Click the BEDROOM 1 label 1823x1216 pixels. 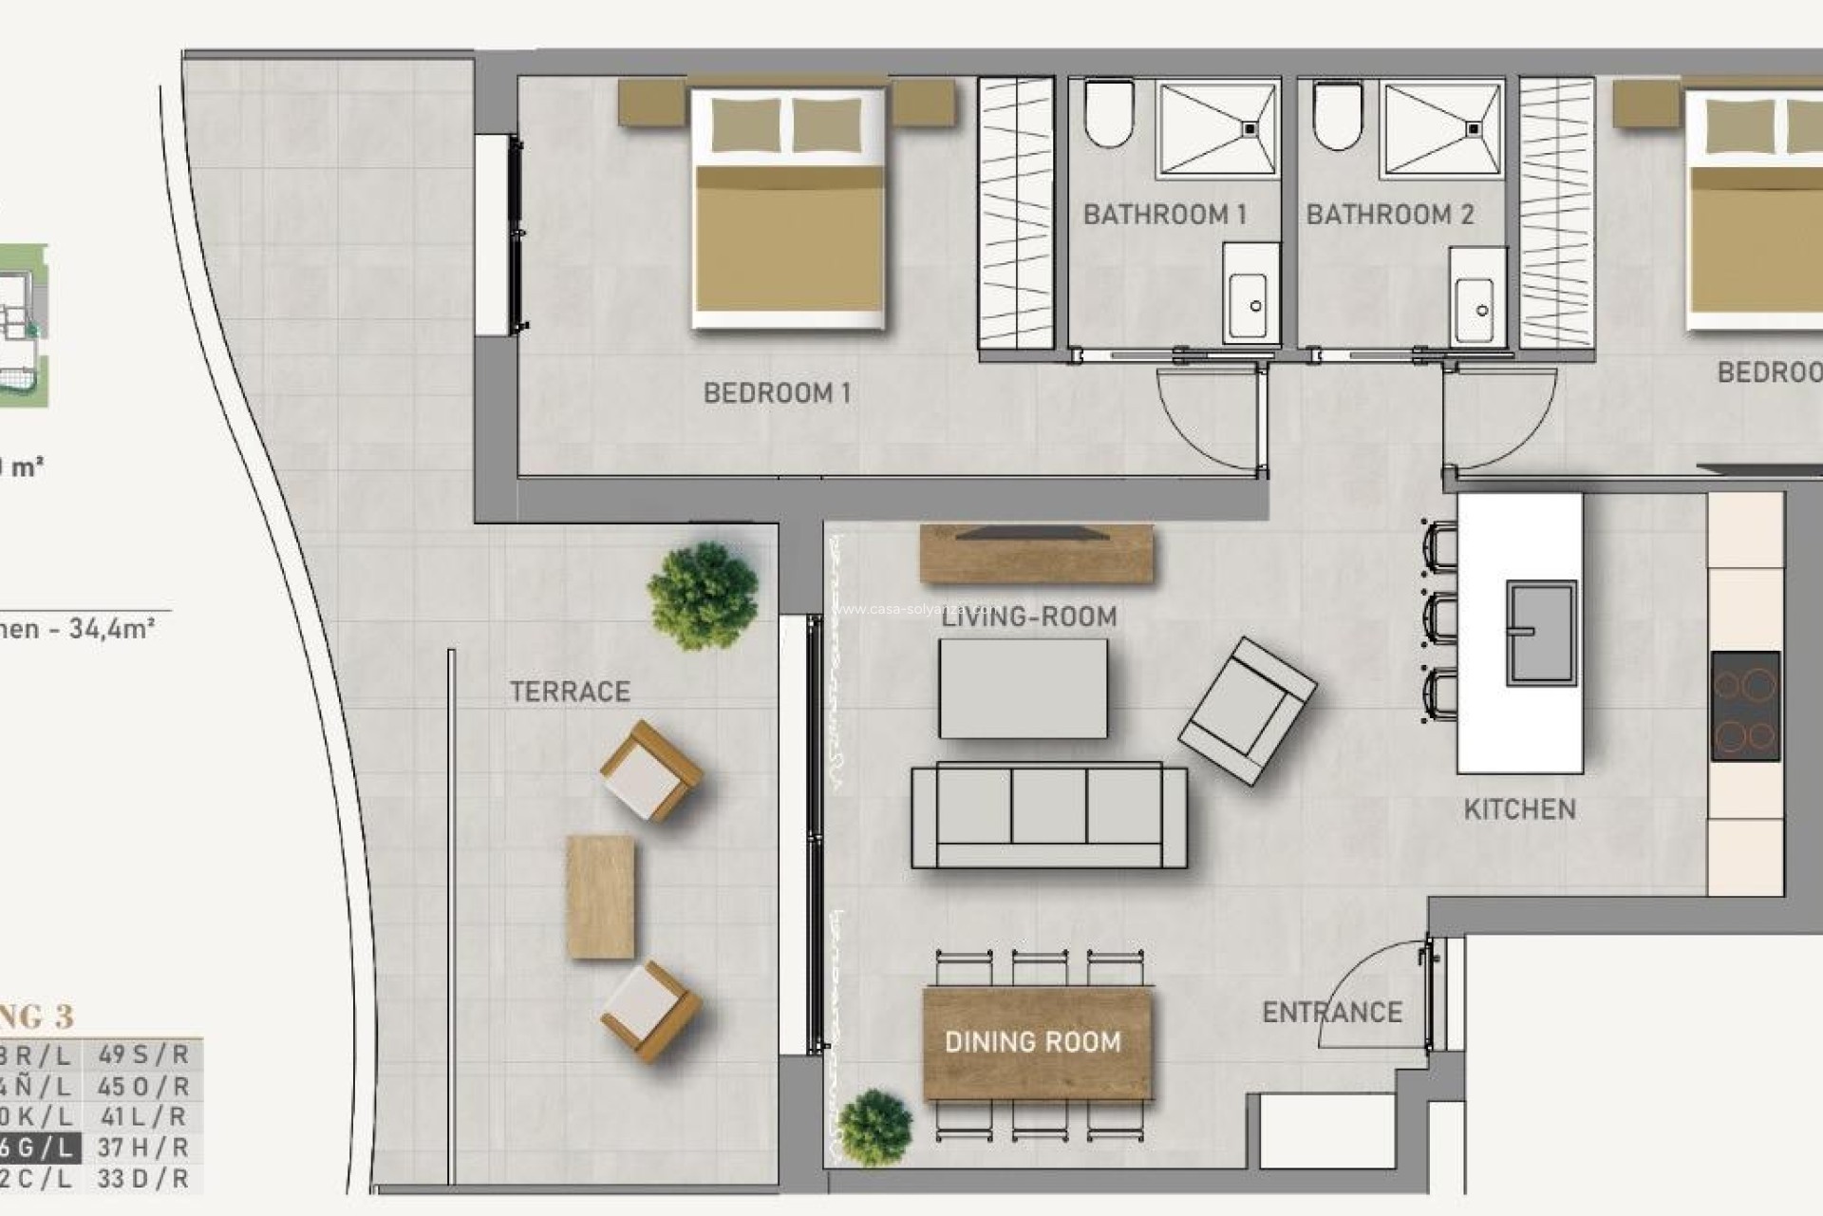(777, 392)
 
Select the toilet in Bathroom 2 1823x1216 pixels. (1337, 116)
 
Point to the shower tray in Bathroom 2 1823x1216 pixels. (1442, 129)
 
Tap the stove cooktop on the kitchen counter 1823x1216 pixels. (1745, 706)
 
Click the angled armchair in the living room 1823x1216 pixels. (1247, 710)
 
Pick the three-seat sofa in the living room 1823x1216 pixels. (1048, 815)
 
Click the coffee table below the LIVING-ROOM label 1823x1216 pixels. (1023, 689)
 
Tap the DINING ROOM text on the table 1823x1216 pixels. (1033, 1042)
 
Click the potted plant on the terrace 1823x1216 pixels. (703, 596)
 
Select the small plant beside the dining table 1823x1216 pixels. (875, 1128)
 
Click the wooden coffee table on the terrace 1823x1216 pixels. (600, 897)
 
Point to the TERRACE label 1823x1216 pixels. (570, 692)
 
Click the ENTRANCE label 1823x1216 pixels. (1331, 1013)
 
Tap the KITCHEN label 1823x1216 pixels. (1519, 809)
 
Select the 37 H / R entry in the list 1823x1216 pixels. (143, 1148)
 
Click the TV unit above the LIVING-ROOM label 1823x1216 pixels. (1036, 554)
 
